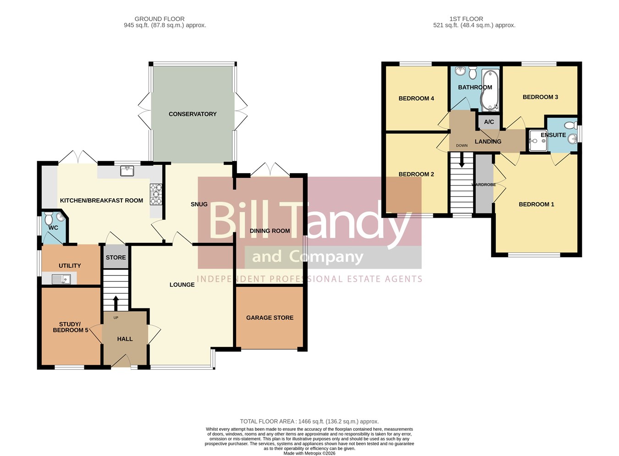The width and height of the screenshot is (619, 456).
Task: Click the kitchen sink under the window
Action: click(127, 171)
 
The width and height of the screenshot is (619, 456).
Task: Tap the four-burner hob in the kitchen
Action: click(156, 194)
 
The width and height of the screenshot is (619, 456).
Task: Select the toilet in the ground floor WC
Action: click(49, 219)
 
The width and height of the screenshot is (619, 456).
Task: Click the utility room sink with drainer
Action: click(61, 279)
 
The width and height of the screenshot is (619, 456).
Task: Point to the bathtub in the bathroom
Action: click(490, 90)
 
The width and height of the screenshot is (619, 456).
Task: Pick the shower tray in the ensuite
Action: click(538, 141)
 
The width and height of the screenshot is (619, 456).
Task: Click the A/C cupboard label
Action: click(489, 122)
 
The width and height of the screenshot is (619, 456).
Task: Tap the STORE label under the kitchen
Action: click(116, 258)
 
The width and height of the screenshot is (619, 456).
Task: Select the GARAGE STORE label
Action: click(270, 318)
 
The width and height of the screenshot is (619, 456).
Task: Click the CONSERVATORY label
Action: click(193, 114)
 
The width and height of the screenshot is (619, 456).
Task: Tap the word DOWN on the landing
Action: click(462, 146)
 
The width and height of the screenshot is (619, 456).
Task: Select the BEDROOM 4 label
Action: click(416, 99)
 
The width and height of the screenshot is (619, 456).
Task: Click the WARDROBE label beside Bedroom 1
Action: click(484, 185)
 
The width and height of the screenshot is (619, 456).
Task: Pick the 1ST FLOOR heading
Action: click(466, 19)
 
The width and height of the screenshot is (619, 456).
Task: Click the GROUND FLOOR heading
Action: click(160, 19)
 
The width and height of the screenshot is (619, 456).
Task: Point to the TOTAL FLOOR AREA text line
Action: click(309, 422)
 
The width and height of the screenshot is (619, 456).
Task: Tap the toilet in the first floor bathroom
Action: click(472, 73)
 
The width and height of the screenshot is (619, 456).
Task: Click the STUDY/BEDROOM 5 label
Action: click(71, 327)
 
